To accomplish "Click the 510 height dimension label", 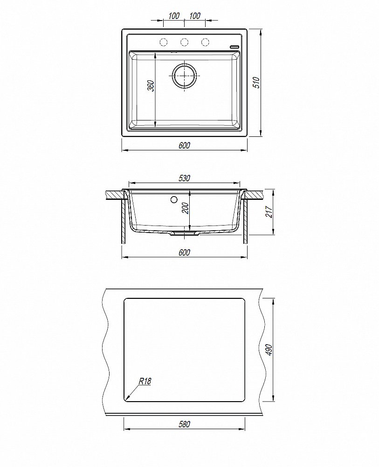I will coord(255,83).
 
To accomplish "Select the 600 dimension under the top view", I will coord(184,145).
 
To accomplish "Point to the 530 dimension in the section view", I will coord(184,178).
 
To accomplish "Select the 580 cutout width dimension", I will coord(184,425).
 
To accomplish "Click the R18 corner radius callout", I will coord(145,382).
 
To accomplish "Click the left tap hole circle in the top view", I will coord(164,42).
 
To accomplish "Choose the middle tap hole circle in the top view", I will coord(184,42).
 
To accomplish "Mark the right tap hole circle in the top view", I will coord(205,42).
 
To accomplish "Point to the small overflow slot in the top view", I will coord(234,46).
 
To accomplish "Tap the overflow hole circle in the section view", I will coord(174,200).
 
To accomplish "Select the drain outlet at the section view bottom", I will coord(184,233).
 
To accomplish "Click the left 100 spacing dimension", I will coord(173,16).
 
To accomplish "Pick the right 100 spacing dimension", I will coord(194,16).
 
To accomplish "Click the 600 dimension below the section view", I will coord(184,253).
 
